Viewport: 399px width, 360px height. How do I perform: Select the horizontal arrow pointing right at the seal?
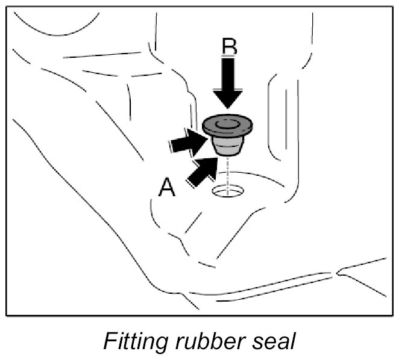click(x=187, y=142)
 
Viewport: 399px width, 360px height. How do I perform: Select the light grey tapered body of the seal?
click(x=228, y=144)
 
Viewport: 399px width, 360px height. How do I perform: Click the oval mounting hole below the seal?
click(x=228, y=191)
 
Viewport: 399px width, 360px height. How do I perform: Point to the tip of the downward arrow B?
click(x=228, y=110)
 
